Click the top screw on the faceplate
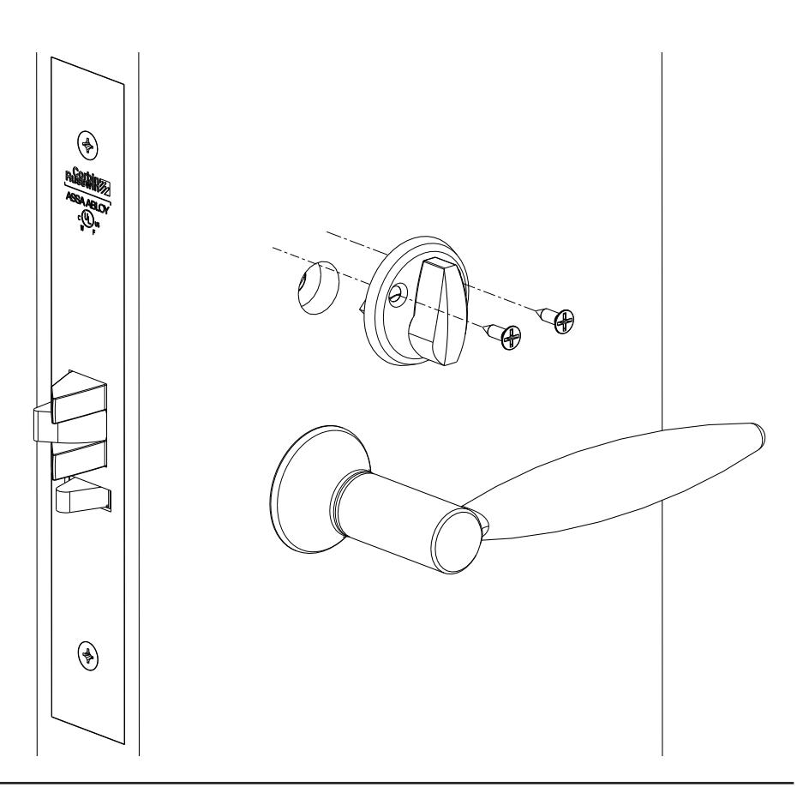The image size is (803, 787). (86, 141)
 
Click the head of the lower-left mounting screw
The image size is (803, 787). (511, 339)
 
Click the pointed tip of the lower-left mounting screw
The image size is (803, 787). (482, 325)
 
